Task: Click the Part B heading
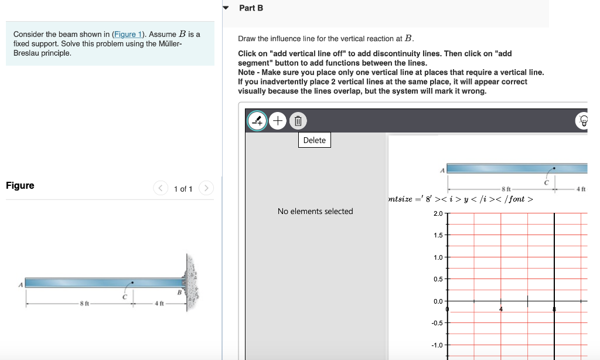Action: point(251,8)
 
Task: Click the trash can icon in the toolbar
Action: point(298,121)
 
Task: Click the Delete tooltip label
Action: point(315,140)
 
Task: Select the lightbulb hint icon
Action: point(583,121)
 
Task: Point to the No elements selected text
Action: point(315,211)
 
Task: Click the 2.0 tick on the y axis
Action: point(438,213)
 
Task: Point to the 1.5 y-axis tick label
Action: point(438,235)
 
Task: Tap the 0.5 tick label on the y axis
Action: point(438,279)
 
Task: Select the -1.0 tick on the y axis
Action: point(437,345)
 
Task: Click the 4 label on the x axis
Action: point(501,309)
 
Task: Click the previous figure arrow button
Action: point(161,188)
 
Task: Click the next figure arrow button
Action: point(206,188)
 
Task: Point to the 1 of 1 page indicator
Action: point(183,189)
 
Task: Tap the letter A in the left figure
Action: point(20,285)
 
